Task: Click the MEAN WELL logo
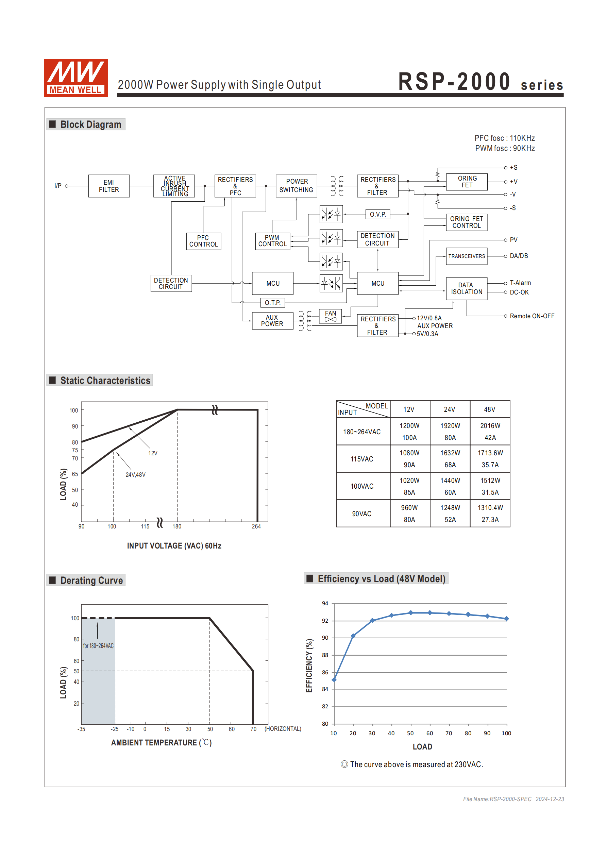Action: (75, 78)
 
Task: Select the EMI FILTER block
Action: (109, 186)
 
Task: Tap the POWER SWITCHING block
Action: (297, 186)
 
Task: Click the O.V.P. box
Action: (377, 214)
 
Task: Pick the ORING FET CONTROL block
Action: (466, 222)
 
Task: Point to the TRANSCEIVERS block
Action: (466, 256)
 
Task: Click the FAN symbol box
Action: (331, 316)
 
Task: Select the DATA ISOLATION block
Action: (466, 288)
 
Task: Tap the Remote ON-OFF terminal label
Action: (532, 316)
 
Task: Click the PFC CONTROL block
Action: (204, 241)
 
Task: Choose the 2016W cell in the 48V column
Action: (490, 426)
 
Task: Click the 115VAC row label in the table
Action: (362, 459)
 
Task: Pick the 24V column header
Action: (450, 410)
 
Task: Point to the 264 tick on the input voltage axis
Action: (256, 526)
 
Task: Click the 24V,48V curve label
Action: (135, 475)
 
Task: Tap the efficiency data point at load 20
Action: (353, 636)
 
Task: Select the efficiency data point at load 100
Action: (506, 619)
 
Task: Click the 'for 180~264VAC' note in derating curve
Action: (98, 646)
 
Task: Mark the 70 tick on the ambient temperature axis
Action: (253, 729)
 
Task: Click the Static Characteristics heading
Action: (105, 381)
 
